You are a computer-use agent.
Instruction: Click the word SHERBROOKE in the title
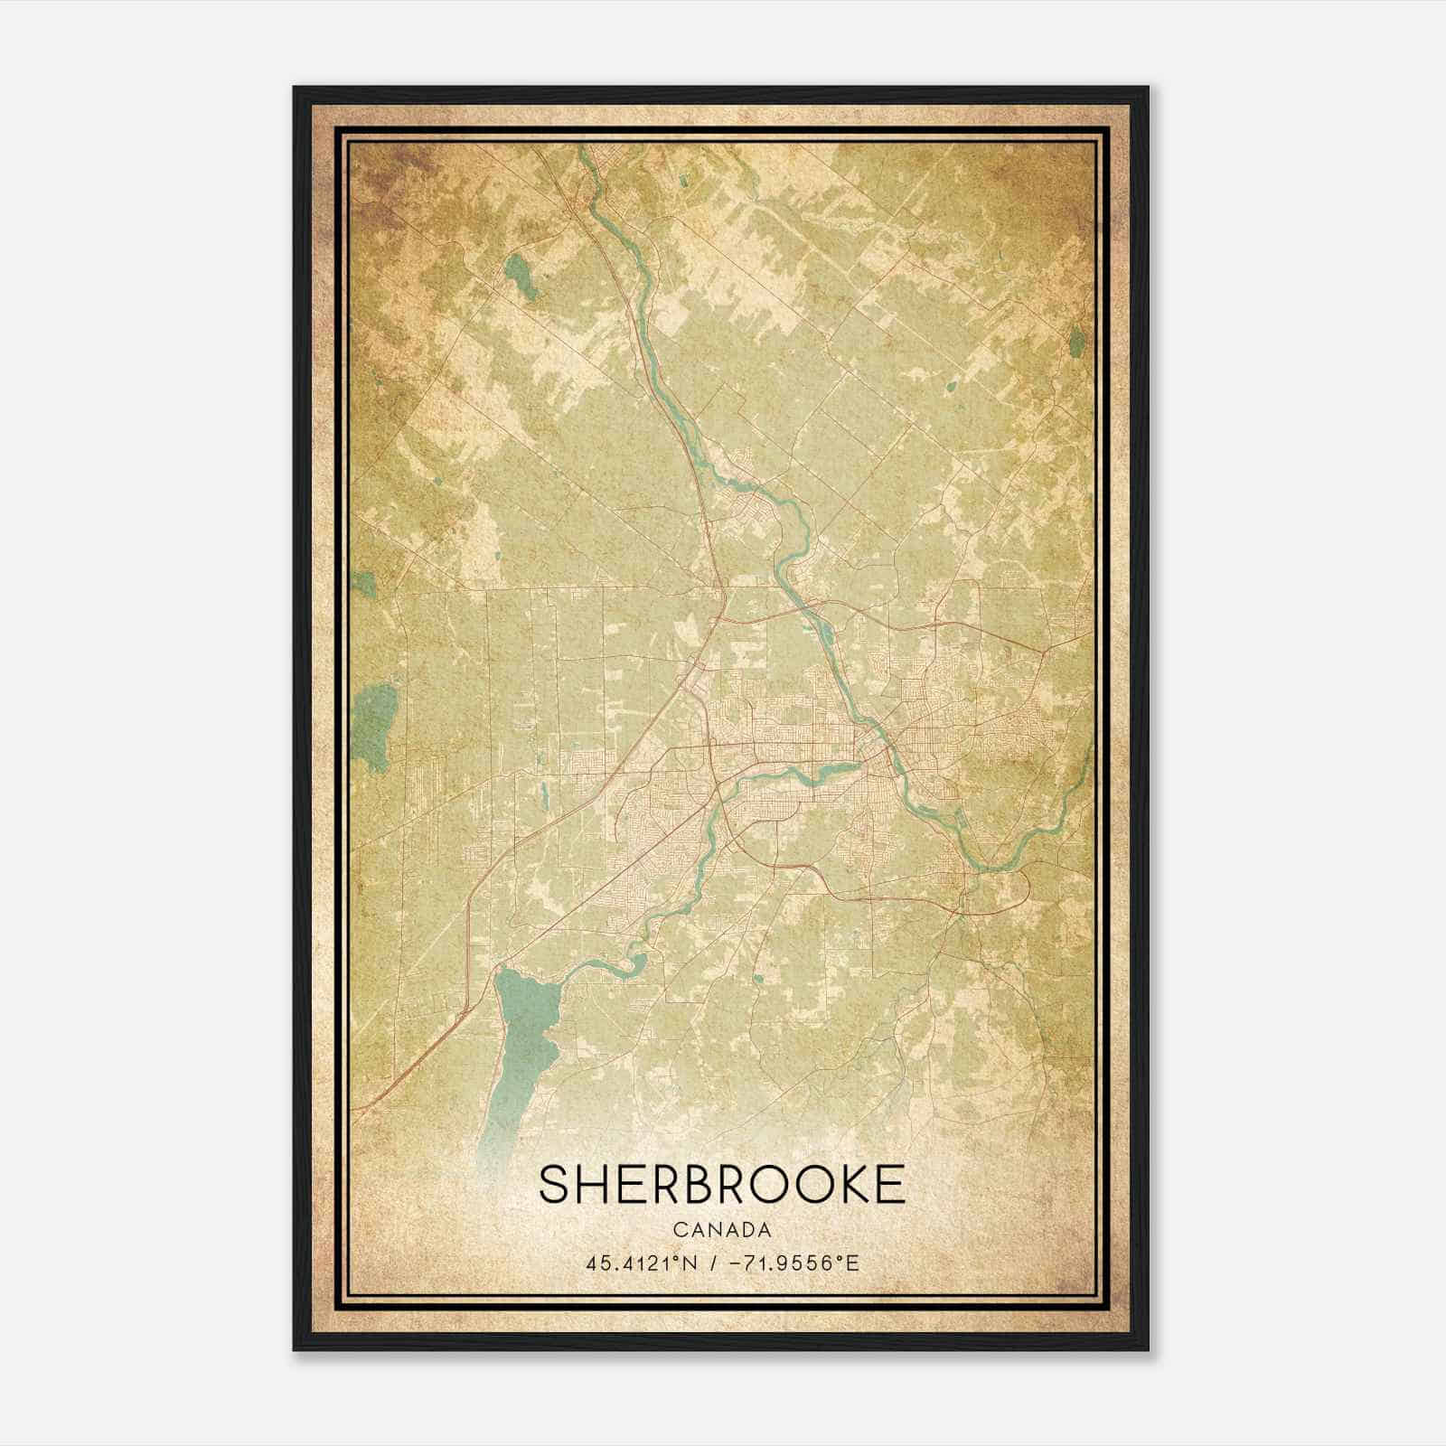[x=721, y=1184]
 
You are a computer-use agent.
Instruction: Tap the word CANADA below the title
[x=721, y=1230]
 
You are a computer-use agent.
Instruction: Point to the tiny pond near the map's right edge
[x=1075, y=341]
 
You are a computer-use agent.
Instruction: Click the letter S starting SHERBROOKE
[x=554, y=1184]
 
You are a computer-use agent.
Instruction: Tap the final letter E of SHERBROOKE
[x=891, y=1184]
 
